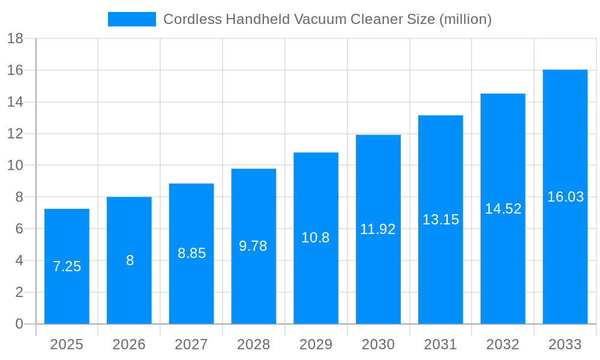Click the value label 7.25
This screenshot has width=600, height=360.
tap(67, 266)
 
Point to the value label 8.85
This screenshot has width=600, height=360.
tap(191, 253)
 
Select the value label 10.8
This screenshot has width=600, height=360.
tap(316, 238)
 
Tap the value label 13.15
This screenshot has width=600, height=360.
tap(440, 220)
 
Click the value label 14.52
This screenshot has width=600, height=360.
tap(503, 209)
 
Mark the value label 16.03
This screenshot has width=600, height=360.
tap(565, 197)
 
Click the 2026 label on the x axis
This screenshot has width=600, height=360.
tap(129, 344)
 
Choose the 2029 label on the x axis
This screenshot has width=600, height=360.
tap(316, 344)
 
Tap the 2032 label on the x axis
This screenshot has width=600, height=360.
tap(503, 344)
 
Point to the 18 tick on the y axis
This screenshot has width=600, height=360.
tap(15, 39)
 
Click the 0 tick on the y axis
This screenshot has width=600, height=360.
tap(19, 324)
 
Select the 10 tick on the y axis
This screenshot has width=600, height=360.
tap(15, 166)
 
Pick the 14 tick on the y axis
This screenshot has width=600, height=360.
tap(15, 102)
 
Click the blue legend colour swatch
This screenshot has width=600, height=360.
tap(131, 19)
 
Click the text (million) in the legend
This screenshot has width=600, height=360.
tap(465, 19)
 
